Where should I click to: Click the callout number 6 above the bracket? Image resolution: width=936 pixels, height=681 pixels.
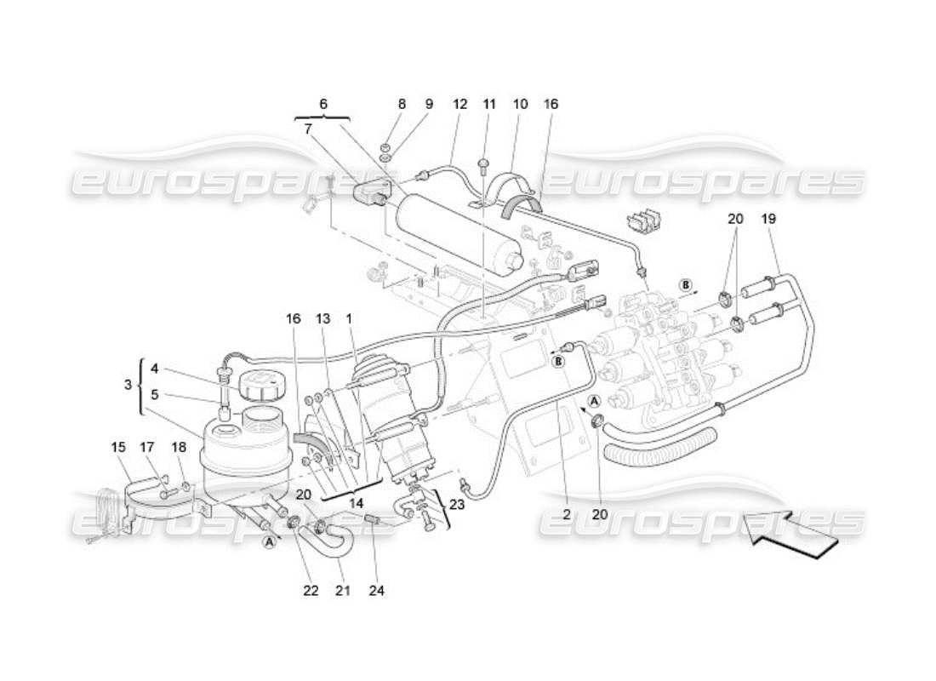[x=323, y=104]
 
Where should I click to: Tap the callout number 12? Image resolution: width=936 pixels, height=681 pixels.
[x=460, y=104]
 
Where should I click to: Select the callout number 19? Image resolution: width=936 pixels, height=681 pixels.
[x=769, y=219]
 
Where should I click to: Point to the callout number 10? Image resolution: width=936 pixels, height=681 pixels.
[x=520, y=104]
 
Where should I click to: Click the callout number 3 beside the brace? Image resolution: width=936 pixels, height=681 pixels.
[x=128, y=385]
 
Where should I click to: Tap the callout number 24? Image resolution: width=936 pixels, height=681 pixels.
[x=377, y=589]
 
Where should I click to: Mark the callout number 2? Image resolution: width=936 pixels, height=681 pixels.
[x=567, y=514]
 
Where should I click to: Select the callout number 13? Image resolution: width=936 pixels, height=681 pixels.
[x=322, y=318]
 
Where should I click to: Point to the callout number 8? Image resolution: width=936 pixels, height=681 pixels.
[x=402, y=104]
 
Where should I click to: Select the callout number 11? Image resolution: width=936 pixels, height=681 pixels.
[x=489, y=104]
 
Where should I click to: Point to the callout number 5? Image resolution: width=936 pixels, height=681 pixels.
[x=154, y=394]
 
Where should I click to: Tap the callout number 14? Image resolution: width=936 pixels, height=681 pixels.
[x=355, y=503]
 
